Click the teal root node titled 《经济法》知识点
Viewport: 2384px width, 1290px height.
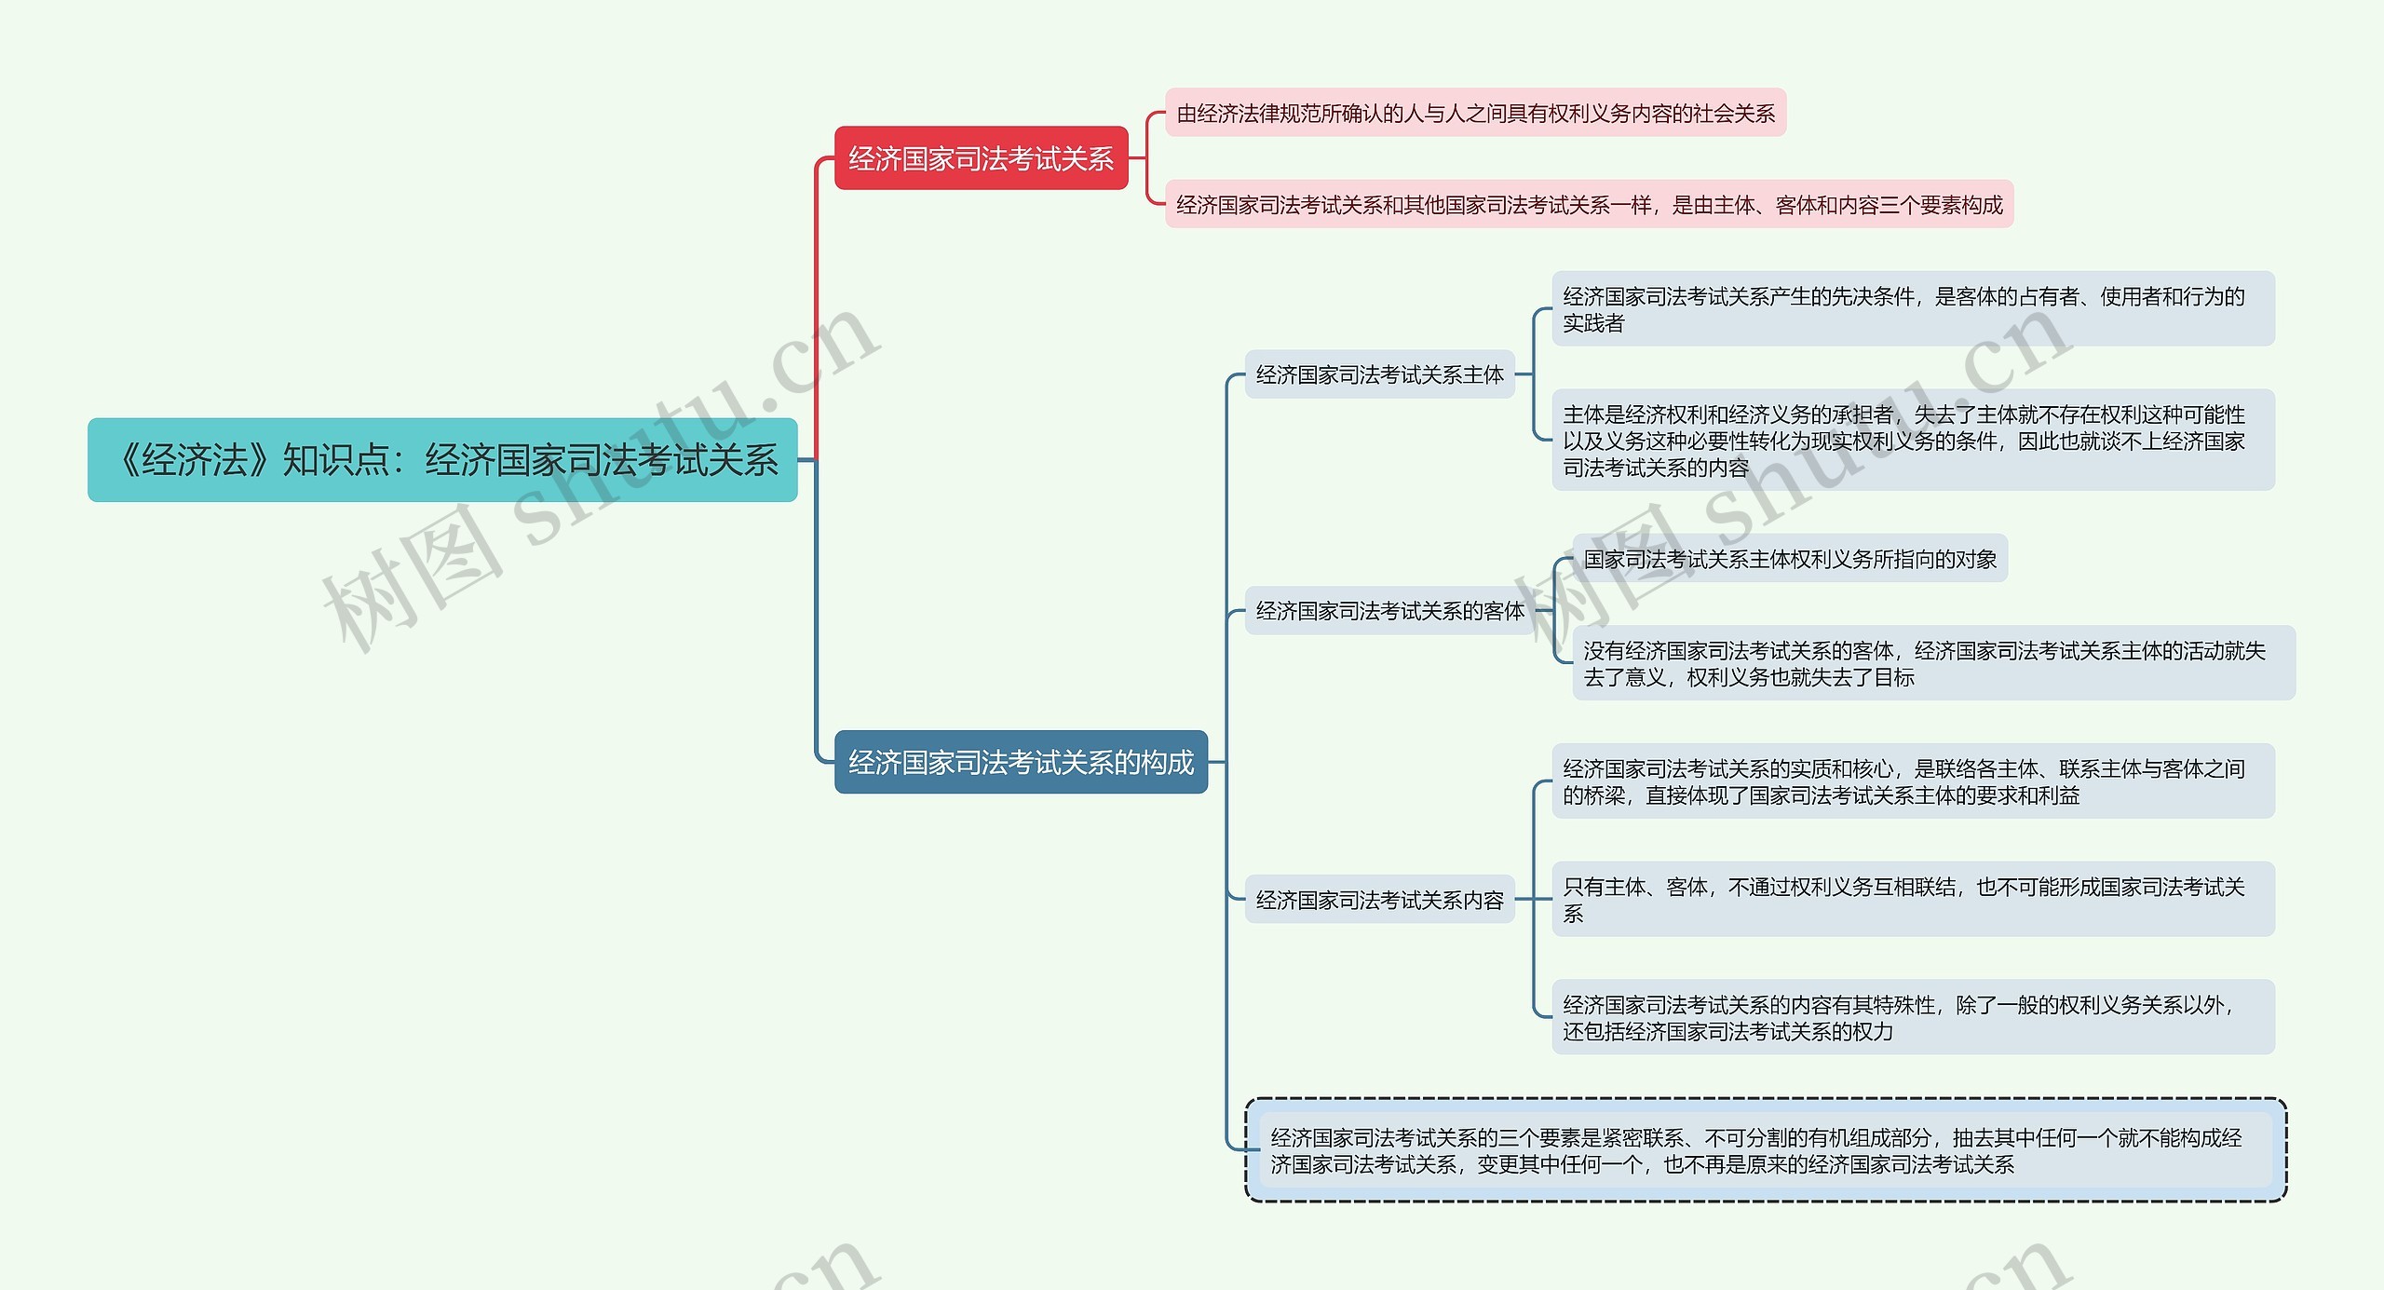pyautogui.click(x=442, y=460)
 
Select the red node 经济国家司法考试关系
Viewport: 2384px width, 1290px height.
pyautogui.click(x=981, y=158)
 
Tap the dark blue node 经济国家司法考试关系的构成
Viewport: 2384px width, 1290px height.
pyautogui.click(x=1021, y=762)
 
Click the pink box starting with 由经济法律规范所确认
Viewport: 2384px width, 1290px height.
pyautogui.click(x=1475, y=114)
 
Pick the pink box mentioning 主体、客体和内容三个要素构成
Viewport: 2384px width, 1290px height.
pyautogui.click(x=1589, y=204)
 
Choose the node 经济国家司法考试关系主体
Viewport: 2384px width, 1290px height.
pyautogui.click(x=1379, y=374)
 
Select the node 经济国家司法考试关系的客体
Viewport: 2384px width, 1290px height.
pyautogui.click(x=1389, y=611)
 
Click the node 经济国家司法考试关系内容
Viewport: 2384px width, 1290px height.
pyautogui.click(x=1379, y=900)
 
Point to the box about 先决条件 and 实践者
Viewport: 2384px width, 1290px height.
pyautogui.click(x=1913, y=309)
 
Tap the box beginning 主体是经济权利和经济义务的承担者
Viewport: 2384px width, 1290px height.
pyautogui.click(x=1913, y=441)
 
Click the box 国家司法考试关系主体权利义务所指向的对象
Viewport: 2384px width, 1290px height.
pyautogui.click(x=1790, y=559)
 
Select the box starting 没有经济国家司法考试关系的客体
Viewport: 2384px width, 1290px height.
pyautogui.click(x=1933, y=663)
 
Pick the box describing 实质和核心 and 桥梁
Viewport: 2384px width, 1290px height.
pyautogui.click(x=1913, y=781)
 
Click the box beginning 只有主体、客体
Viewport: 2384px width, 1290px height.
pyautogui.click(x=1913, y=900)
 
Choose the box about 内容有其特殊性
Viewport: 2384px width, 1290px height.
pyautogui.click(x=1913, y=1017)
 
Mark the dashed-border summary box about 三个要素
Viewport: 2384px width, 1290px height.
pyautogui.click(x=1766, y=1150)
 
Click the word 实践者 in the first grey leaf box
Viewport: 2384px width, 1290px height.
pyautogui.click(x=1593, y=323)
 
